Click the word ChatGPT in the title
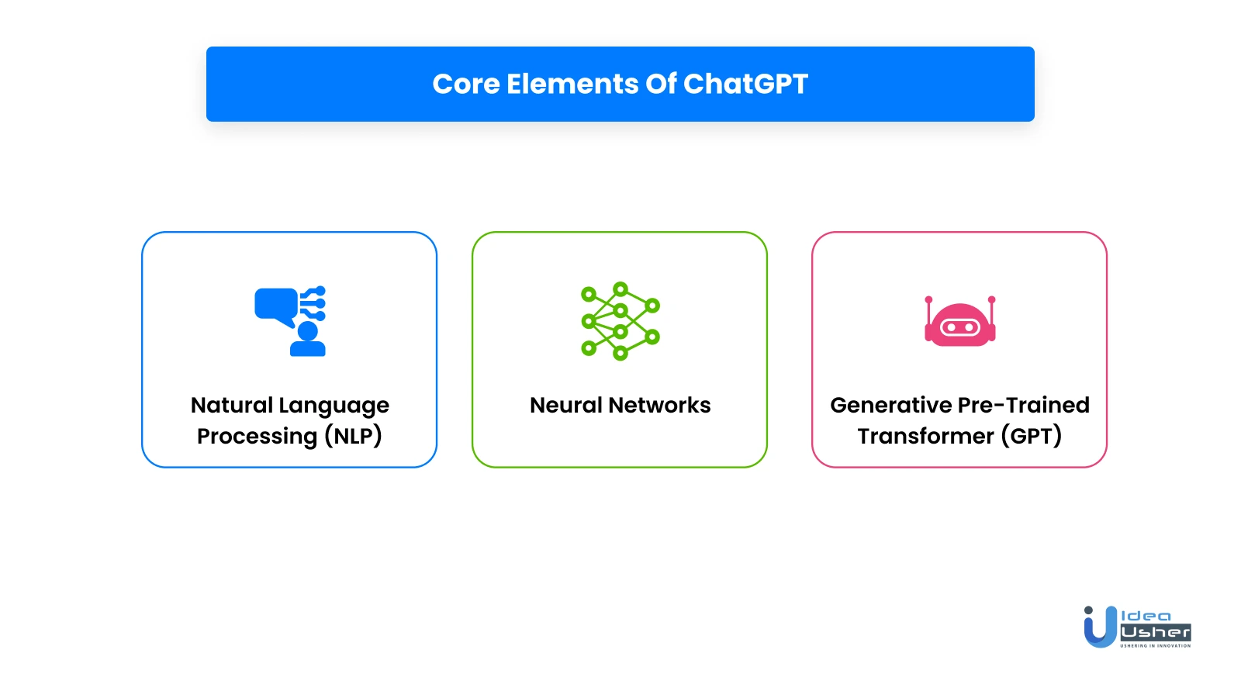pos(745,85)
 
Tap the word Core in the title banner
pos(466,85)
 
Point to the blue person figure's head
pos(307,331)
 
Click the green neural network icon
pos(620,321)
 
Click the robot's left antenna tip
pos(928,299)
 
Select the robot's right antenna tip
pos(992,299)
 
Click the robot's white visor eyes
pos(960,327)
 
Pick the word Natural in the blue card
pos(231,405)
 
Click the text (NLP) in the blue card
pos(354,436)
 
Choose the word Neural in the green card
pos(565,405)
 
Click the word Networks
pos(659,405)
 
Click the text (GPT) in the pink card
pos(1032,436)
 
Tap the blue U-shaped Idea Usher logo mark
pos(1101,627)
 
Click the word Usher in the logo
pos(1156,632)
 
